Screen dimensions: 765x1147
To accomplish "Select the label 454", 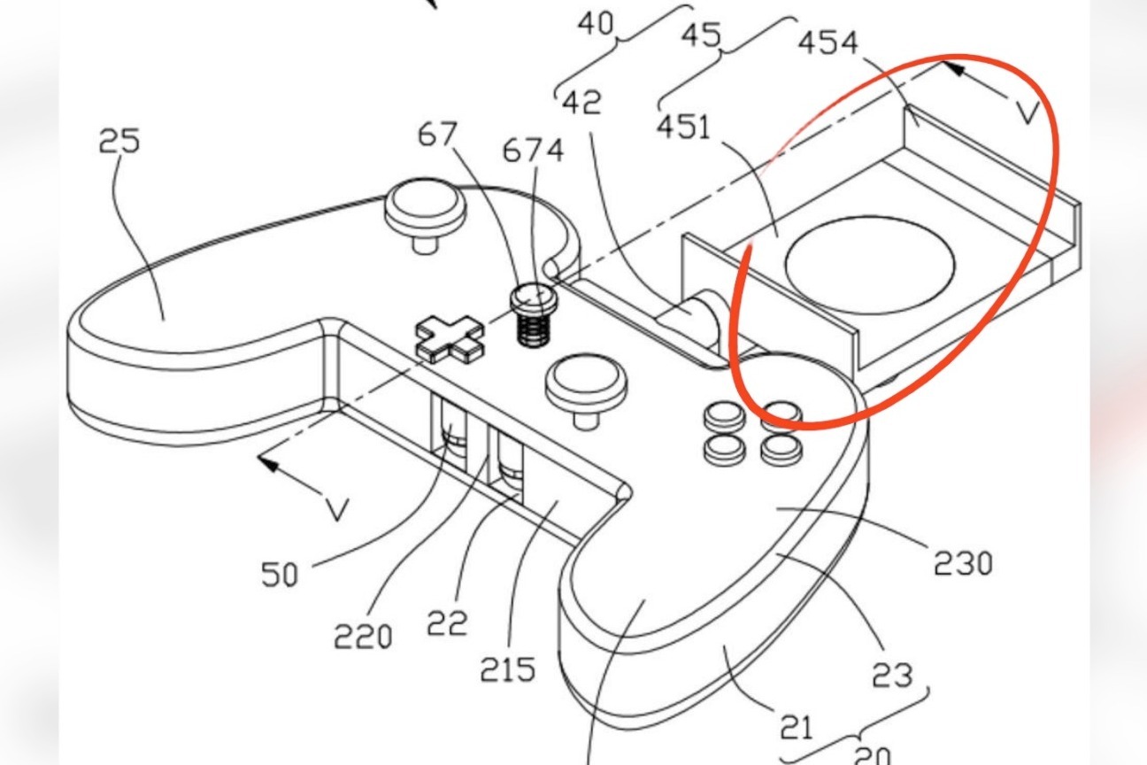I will point(828,42).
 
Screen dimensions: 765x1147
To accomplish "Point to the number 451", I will point(682,127).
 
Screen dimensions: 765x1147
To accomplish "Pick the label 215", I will point(508,668).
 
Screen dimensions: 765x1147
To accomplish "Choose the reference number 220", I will point(363,635).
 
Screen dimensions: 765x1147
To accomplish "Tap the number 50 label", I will point(281,576).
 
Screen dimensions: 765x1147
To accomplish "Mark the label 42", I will point(581,102).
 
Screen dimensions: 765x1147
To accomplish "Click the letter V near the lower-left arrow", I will point(335,509).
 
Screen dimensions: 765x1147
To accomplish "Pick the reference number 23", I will point(891,675).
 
